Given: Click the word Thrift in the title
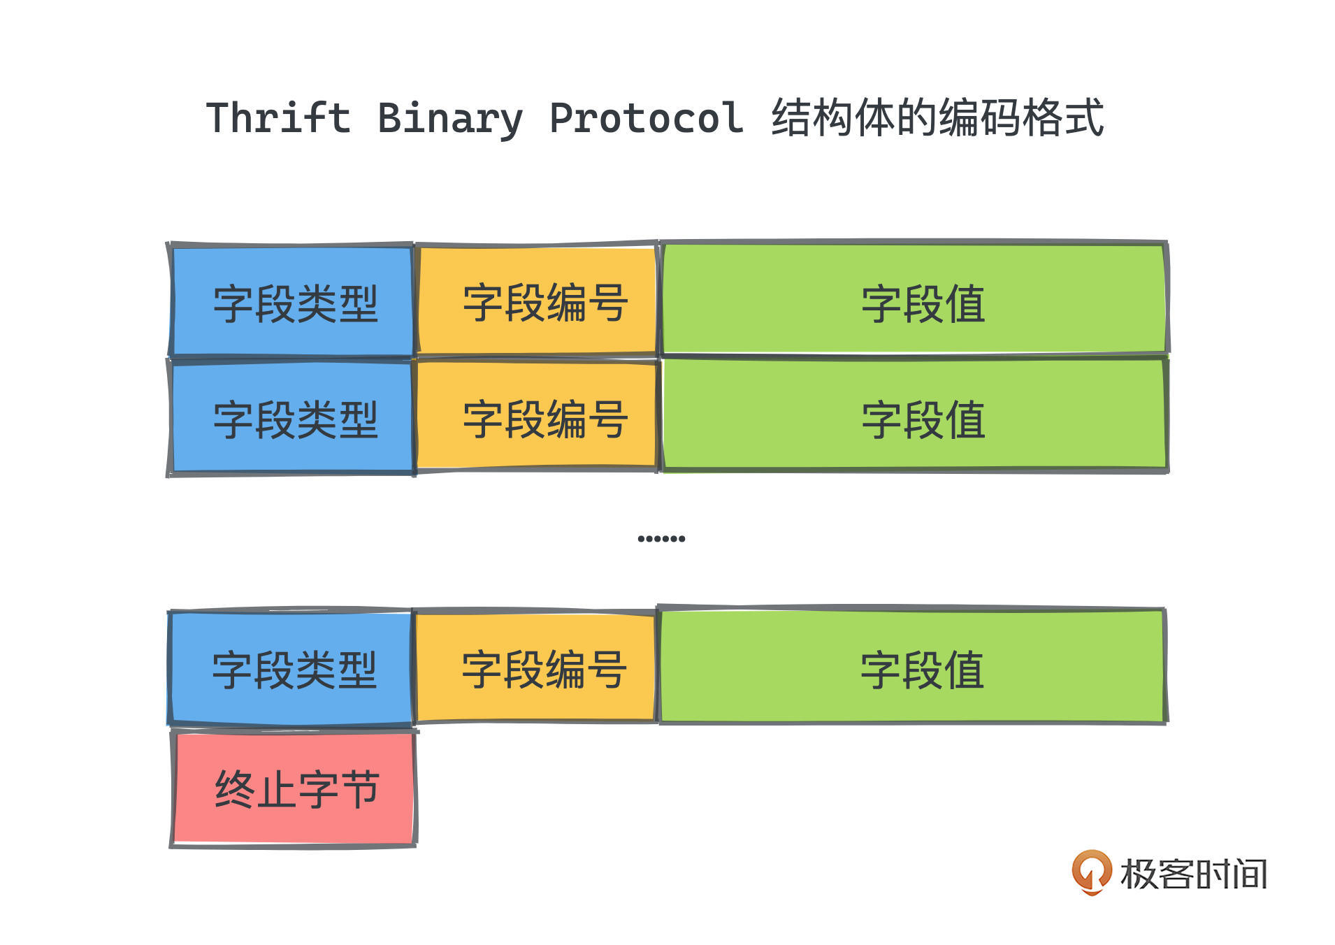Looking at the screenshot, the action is point(278,117).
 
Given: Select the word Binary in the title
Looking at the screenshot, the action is point(450,119).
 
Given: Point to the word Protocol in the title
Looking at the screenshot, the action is point(647,117).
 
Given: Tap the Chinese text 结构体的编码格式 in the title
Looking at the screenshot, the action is point(938,117).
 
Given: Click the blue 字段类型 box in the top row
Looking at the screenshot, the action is point(291,301).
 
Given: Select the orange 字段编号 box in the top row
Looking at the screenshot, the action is point(537,300).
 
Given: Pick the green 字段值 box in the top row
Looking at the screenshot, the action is point(914,298).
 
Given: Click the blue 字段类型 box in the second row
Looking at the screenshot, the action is point(291,417).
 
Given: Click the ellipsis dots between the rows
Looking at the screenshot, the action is point(661,538).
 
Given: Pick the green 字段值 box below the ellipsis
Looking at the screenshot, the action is point(912,665).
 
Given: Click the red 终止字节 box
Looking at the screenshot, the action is point(294,788).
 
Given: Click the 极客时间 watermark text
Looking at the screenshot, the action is point(1194,874).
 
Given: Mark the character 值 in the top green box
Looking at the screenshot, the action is point(965,304).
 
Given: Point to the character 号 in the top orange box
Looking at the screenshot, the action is point(607,303).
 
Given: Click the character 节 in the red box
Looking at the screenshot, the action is point(359,790).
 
